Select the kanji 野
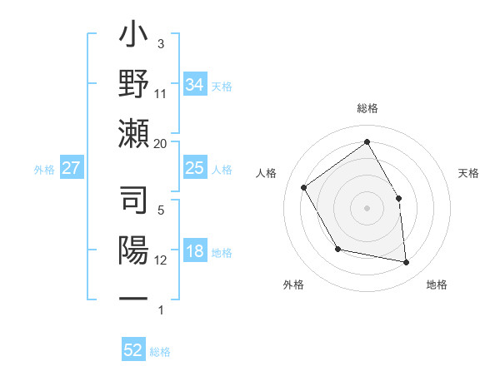[x=134, y=86]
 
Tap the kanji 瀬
[x=134, y=132]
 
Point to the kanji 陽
[x=134, y=250]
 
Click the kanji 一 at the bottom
[x=134, y=297]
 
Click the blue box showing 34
[x=194, y=85]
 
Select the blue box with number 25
[x=194, y=168]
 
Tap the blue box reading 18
[x=194, y=252]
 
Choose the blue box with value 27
[x=71, y=168]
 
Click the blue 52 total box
[x=133, y=350]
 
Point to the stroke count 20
[x=161, y=143]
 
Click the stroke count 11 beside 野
[x=161, y=93]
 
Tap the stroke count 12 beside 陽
[x=161, y=260]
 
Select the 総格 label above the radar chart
[x=367, y=108]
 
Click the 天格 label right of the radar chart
[x=468, y=173]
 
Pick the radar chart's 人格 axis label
[x=266, y=173]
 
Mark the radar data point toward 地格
[x=407, y=263]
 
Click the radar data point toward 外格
[x=337, y=249]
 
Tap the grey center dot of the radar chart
[x=367, y=208]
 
